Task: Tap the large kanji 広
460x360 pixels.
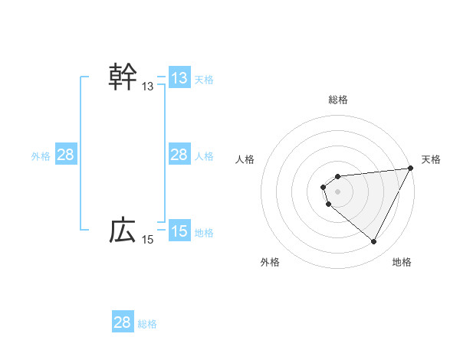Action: [x=123, y=230]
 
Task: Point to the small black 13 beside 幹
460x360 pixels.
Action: [x=148, y=87]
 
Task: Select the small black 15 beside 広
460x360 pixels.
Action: [x=148, y=240]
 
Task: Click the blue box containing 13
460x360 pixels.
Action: [x=179, y=78]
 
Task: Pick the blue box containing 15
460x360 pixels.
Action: [x=179, y=231]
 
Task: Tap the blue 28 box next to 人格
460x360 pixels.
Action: [x=179, y=155]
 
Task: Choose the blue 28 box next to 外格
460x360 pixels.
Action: [x=66, y=155]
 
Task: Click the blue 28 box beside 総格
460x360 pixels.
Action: [x=123, y=322]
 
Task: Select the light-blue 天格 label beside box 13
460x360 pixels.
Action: [x=204, y=79]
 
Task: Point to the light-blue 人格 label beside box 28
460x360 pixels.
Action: [x=204, y=155]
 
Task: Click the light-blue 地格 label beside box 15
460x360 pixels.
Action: [x=204, y=232]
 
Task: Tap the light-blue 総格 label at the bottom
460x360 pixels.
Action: [x=147, y=323]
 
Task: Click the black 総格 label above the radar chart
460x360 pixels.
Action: [x=338, y=100]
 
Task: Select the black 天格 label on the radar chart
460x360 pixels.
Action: [x=432, y=159]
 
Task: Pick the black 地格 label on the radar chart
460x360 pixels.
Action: [x=402, y=262]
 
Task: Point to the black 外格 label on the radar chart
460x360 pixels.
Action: [x=270, y=262]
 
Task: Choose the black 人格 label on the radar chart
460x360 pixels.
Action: [x=245, y=159]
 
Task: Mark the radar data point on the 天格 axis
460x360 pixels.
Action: [x=411, y=169]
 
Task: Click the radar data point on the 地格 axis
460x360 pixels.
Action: [x=374, y=242]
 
